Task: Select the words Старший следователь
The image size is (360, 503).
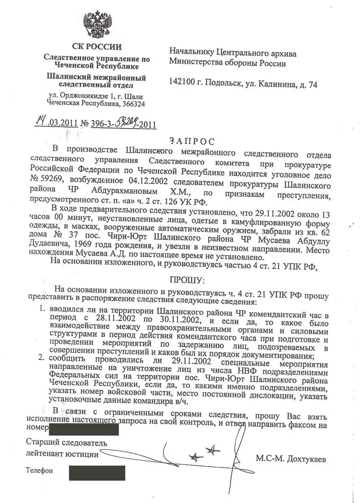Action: (66, 442)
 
